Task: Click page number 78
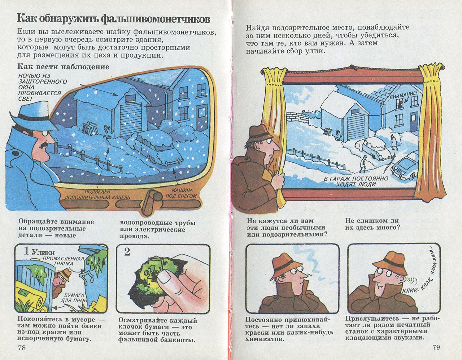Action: pyautogui.click(x=22, y=348)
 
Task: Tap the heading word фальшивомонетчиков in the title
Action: pyautogui.click(x=156, y=19)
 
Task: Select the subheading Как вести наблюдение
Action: pyautogui.click(x=64, y=67)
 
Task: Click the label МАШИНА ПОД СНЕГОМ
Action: pyautogui.click(x=181, y=193)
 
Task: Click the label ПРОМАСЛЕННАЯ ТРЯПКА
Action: pyautogui.click(x=64, y=261)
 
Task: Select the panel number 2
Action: pyautogui.click(x=127, y=252)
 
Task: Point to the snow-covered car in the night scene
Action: pyautogui.click(x=157, y=146)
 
